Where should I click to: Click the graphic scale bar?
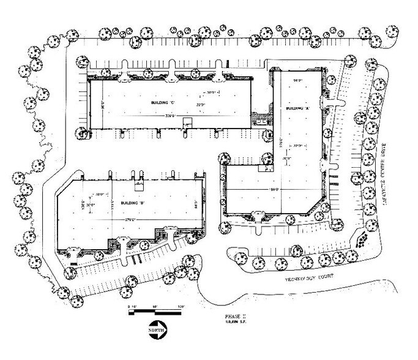tap(155, 312)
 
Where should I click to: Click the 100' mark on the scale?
tap(182, 305)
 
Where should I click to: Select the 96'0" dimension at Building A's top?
tap(299, 80)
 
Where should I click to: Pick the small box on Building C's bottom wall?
tap(185, 124)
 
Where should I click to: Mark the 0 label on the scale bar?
tap(129, 305)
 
